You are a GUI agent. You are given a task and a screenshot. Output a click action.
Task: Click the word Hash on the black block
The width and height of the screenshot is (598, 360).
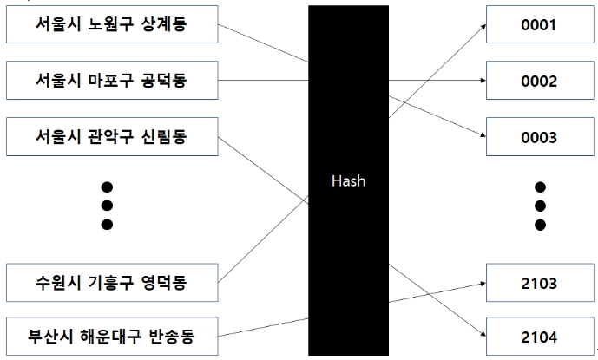(x=347, y=182)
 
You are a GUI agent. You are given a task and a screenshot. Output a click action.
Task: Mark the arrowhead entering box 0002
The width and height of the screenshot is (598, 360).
(x=481, y=82)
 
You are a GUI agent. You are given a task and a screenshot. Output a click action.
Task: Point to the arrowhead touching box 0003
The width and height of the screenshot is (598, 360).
(x=481, y=135)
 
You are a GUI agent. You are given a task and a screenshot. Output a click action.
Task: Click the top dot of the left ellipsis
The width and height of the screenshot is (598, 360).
(x=108, y=187)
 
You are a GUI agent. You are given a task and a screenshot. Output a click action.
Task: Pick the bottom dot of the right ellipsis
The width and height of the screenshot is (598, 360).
(x=540, y=225)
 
